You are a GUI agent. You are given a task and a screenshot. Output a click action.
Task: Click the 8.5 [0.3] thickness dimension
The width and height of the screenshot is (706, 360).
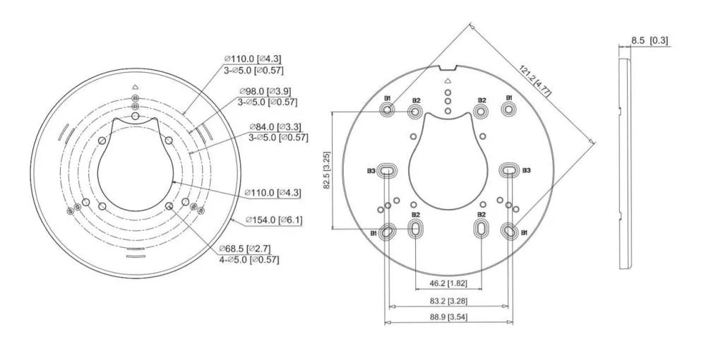[650, 40]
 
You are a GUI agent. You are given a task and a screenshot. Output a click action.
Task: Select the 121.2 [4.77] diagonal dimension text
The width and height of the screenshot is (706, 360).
[535, 80]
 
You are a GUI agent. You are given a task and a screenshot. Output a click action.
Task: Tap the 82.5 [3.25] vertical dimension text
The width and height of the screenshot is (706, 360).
[328, 170]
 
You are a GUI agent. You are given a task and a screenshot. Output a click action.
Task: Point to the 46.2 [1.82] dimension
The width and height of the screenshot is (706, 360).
[448, 283]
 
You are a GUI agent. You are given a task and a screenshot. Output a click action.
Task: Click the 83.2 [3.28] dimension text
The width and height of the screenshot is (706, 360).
[448, 300]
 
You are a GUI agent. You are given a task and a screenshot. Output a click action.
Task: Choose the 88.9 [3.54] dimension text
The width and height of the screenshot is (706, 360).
[448, 317]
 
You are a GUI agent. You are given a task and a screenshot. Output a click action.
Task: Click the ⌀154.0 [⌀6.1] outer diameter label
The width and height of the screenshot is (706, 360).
[274, 220]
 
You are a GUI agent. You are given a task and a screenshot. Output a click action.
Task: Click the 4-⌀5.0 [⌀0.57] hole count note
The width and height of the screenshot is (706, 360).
[249, 260]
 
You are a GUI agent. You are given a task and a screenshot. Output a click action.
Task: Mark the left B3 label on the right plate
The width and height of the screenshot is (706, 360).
[371, 171]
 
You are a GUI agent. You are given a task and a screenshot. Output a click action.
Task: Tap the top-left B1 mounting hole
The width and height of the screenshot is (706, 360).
[387, 109]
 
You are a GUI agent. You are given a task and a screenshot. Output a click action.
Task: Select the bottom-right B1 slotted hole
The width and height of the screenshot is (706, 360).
[509, 230]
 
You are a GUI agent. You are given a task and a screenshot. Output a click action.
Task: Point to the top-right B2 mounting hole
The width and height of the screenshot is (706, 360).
[481, 111]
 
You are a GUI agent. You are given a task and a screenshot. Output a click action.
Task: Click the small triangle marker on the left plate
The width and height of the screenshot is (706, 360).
[135, 88]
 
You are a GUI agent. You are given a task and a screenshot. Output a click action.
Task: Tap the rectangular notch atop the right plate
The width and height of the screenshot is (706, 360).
[448, 68]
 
